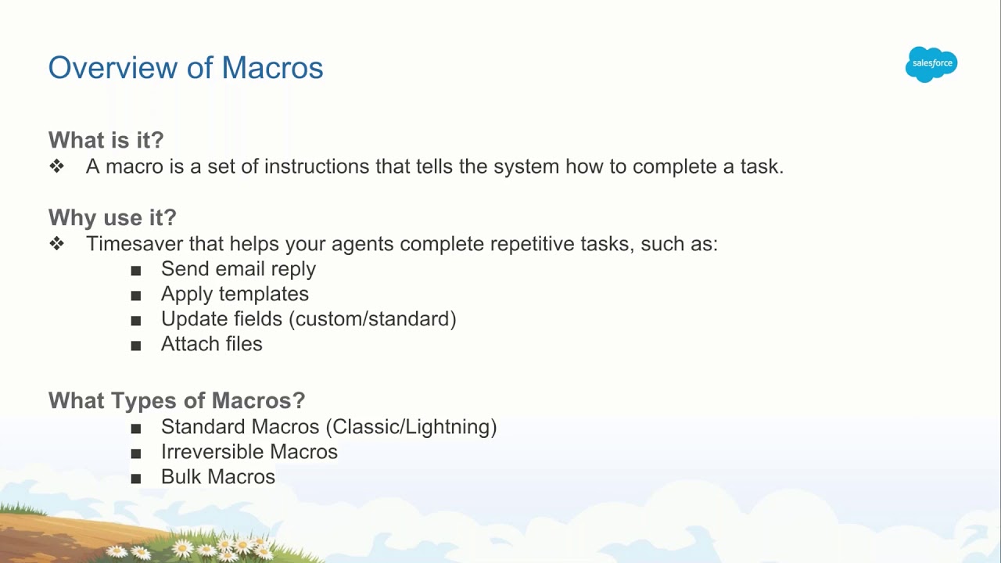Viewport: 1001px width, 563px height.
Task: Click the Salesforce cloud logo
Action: point(931,63)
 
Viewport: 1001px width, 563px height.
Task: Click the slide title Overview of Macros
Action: point(185,68)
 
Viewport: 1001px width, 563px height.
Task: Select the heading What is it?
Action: point(106,140)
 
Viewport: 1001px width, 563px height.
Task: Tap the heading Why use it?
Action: point(112,217)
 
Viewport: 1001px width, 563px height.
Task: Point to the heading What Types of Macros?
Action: point(176,400)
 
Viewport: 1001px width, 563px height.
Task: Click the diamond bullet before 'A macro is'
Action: point(56,167)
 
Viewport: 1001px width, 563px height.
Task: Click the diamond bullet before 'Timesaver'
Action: point(56,243)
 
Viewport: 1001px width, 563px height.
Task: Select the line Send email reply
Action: point(238,269)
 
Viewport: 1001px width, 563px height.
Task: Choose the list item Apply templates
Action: point(235,294)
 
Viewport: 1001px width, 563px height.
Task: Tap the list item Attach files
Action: point(211,344)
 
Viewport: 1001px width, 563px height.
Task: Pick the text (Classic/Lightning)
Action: point(411,427)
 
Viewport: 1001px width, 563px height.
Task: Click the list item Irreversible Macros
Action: point(249,452)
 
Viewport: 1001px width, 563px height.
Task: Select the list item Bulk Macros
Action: point(217,477)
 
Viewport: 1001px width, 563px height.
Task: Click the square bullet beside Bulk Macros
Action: point(136,478)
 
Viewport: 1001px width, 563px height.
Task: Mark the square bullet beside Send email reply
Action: point(136,270)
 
